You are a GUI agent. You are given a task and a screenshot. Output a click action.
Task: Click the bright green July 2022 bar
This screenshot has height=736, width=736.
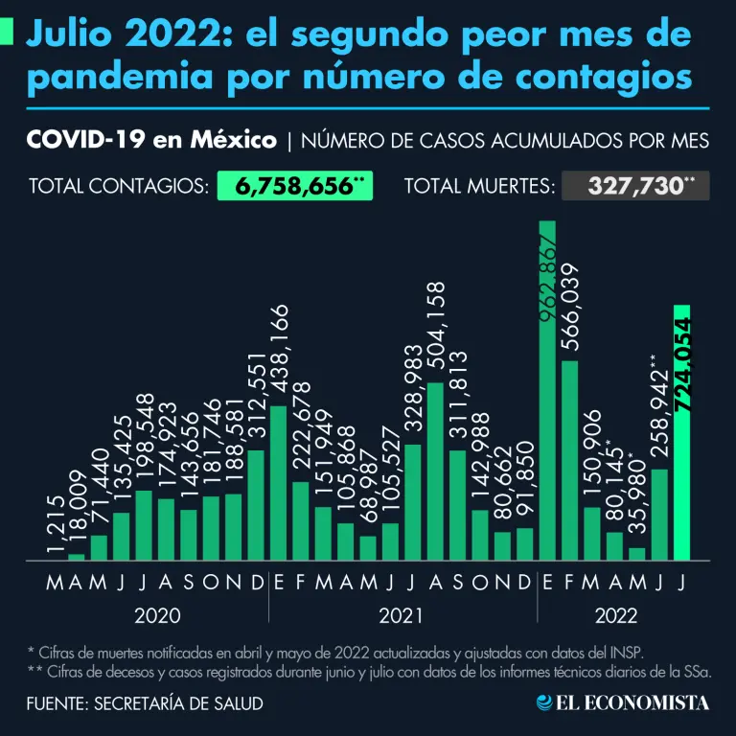point(681,431)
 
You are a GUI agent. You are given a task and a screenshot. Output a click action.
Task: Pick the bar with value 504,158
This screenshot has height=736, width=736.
point(435,470)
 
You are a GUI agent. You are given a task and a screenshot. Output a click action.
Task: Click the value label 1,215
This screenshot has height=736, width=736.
point(56,526)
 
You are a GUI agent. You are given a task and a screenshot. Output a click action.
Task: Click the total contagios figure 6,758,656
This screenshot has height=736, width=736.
point(294,186)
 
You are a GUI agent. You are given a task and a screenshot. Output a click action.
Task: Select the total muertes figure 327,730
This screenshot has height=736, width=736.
point(635,186)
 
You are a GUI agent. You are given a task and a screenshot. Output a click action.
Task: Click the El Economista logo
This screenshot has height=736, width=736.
point(623,702)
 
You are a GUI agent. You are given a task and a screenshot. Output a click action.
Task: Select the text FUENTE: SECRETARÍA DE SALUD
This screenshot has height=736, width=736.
point(145,703)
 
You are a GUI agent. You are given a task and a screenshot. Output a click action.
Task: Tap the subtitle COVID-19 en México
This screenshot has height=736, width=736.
point(152,141)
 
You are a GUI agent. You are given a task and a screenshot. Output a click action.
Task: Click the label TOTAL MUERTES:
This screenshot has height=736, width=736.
point(479,186)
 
